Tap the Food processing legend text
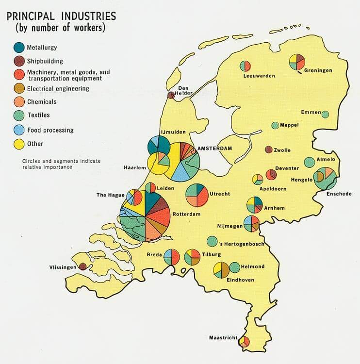[x=50, y=130]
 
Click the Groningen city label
[x=318, y=70]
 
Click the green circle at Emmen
[x=325, y=115]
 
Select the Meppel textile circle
[x=275, y=125]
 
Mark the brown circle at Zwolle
[x=268, y=149]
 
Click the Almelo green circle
[x=309, y=162]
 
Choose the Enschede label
[x=332, y=194]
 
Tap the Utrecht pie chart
[x=197, y=194]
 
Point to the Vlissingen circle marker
[x=83, y=266]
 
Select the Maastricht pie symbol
[x=244, y=342]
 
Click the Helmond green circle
[x=235, y=267]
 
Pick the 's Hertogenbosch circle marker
[x=212, y=241]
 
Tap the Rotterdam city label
[x=187, y=214]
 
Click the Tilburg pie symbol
[x=192, y=256]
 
